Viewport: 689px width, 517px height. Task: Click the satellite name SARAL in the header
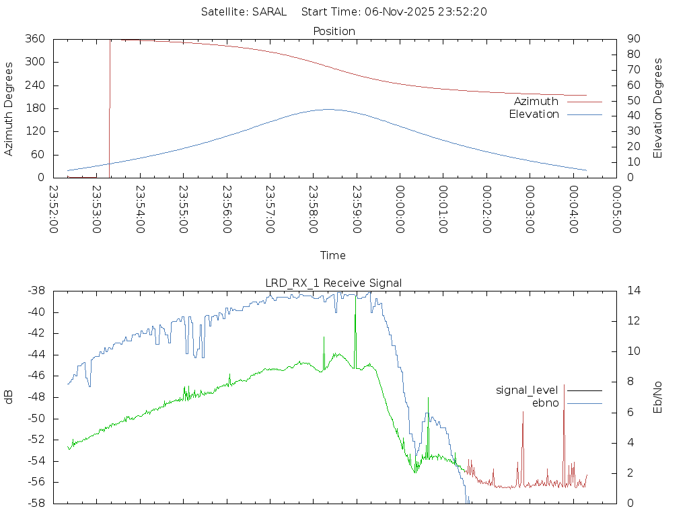(x=269, y=11)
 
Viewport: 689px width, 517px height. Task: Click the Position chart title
(x=334, y=31)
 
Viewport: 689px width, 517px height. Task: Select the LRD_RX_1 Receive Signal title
(x=334, y=283)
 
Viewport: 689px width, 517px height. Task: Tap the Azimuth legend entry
(x=536, y=101)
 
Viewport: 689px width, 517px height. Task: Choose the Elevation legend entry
(x=534, y=114)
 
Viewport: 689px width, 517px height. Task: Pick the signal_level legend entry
(x=528, y=390)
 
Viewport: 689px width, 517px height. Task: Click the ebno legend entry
(x=546, y=403)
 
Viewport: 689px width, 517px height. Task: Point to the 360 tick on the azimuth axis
(x=35, y=39)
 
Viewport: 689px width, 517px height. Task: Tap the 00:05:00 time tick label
(x=616, y=209)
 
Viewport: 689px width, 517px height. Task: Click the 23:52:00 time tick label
(x=54, y=209)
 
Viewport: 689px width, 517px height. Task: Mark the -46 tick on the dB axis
(x=34, y=376)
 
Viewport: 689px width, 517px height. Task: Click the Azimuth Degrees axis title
(x=9, y=108)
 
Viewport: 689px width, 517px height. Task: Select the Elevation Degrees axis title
(x=658, y=108)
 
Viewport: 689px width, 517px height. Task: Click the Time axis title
(x=333, y=255)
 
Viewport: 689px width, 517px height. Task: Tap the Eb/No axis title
(x=658, y=397)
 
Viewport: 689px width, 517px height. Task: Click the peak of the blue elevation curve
(x=328, y=109)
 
